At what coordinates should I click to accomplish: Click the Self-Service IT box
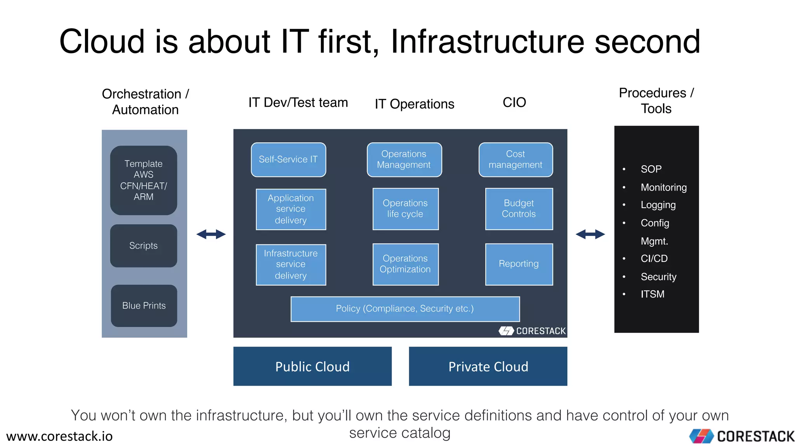coord(288,159)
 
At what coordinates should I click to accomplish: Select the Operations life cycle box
coord(405,209)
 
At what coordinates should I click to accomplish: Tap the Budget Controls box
coord(519,209)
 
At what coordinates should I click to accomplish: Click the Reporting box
coord(519,264)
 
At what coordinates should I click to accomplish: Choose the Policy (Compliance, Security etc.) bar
coord(405,309)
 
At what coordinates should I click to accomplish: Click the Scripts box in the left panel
coord(144,246)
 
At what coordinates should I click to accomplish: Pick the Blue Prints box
coord(144,306)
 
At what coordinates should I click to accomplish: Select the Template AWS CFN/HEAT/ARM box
coord(144,180)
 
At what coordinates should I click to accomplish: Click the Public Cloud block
coord(312,366)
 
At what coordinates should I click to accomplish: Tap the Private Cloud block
coord(488,366)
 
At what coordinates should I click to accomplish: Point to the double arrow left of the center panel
coord(211,234)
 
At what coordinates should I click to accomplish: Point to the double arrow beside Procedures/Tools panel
coord(590,234)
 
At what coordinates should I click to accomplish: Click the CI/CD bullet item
coord(654,258)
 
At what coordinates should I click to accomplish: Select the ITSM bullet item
coord(652,294)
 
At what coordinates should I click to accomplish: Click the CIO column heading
coord(514,102)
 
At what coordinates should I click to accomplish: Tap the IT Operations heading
coord(414,104)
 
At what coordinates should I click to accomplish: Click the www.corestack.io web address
coord(59,436)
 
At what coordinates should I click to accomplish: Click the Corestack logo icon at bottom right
coord(701,436)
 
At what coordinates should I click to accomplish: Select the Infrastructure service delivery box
coord(291,265)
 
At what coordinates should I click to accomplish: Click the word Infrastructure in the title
coord(487,42)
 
